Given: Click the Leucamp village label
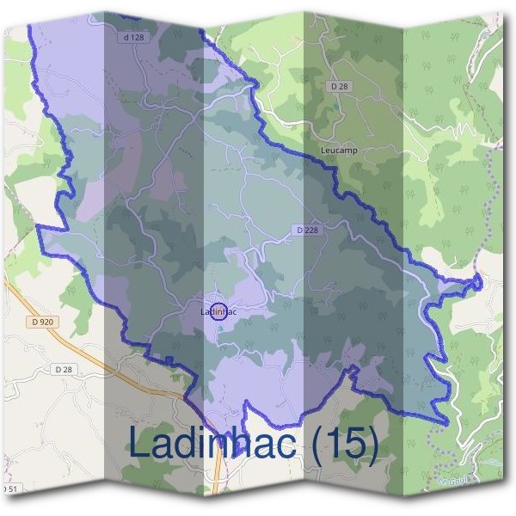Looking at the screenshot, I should [338, 150].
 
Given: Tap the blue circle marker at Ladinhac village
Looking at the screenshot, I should [219, 310].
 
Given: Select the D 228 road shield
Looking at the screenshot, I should [307, 230].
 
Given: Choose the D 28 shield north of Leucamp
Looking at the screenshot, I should [339, 86].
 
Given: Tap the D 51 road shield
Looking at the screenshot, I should [9, 488].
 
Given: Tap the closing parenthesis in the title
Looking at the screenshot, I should [372, 445].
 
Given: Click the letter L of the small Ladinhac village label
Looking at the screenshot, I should [203, 311].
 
